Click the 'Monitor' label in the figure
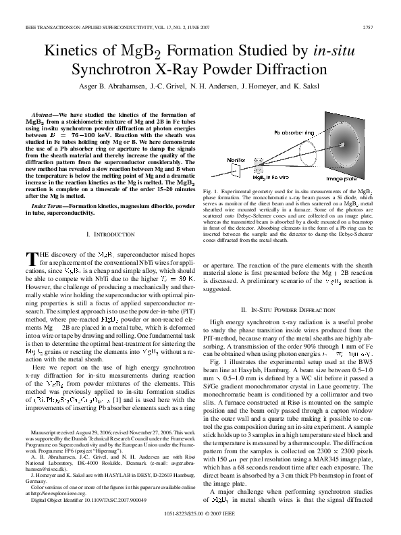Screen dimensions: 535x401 click(x=217, y=159)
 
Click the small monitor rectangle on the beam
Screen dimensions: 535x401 click(x=218, y=169)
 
